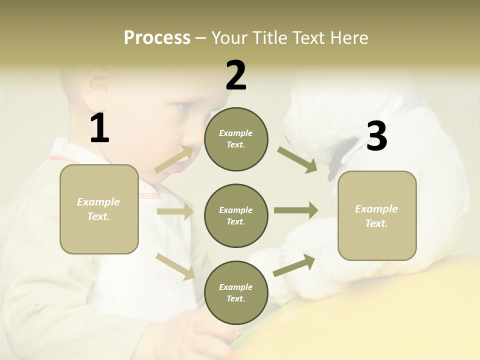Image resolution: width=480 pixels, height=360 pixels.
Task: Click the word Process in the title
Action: click(x=157, y=37)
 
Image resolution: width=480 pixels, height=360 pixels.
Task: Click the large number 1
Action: click(x=99, y=128)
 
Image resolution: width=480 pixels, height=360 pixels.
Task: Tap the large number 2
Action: click(x=236, y=75)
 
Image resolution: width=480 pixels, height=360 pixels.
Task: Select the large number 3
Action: click(x=376, y=136)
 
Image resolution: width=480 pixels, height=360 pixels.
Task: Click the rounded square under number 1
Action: click(x=99, y=209)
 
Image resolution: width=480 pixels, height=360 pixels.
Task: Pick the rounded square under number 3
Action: click(x=377, y=215)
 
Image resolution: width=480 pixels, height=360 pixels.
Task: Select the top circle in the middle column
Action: click(x=236, y=139)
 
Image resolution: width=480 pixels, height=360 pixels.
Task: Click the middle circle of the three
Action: click(x=236, y=215)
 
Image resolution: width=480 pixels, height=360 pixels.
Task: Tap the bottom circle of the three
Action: click(x=236, y=292)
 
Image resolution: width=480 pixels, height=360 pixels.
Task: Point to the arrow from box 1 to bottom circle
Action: click(x=175, y=266)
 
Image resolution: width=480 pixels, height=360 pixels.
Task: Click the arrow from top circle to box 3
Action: click(x=297, y=159)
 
